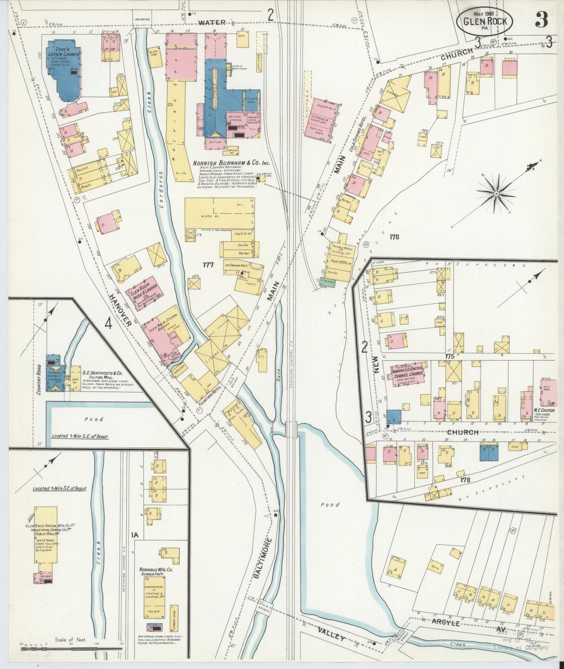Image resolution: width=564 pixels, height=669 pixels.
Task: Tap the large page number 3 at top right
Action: pos(541,20)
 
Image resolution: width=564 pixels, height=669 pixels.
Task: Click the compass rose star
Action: pos(496,194)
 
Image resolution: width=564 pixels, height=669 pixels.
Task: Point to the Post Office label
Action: pos(341,262)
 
